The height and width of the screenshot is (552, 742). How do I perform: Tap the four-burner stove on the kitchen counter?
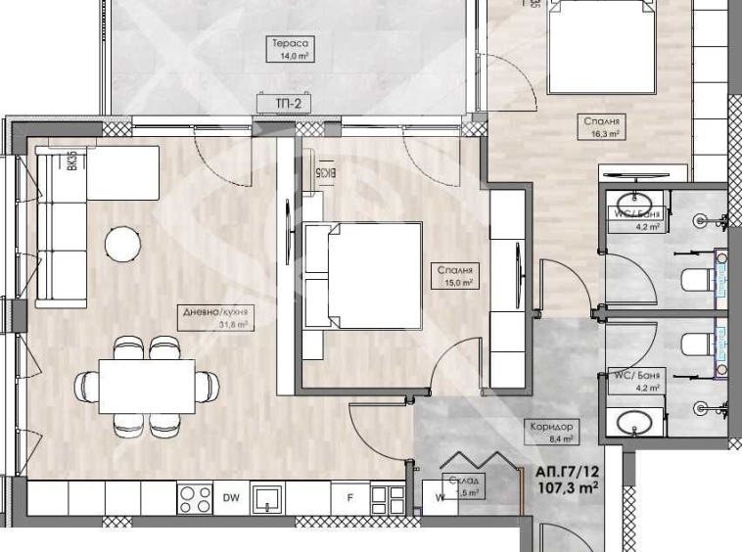tap(194, 498)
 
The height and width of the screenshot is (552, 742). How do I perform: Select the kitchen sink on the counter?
tap(267, 499)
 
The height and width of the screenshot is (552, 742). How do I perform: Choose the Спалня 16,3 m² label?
tap(603, 128)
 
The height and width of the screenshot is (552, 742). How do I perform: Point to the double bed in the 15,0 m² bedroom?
tap(362, 275)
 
